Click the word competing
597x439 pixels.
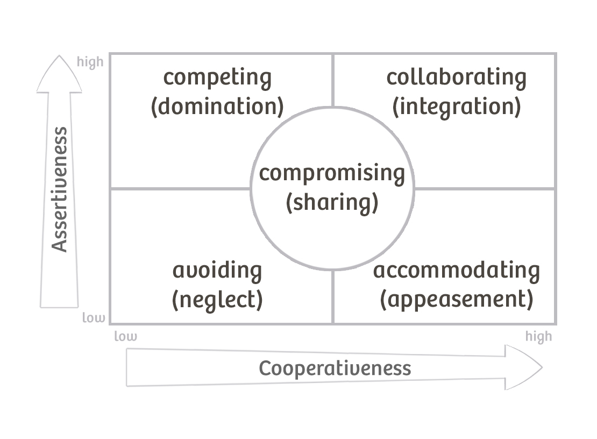coord(217,79)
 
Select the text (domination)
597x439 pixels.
coord(217,106)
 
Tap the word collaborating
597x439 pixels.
coord(456,77)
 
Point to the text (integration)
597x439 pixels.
coord(456,106)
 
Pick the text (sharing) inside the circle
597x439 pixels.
coord(332,202)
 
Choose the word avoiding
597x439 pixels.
coord(217,270)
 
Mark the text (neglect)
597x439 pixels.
coord(217,299)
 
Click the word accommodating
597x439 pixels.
coord(456,270)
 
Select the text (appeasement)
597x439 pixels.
coord(456,299)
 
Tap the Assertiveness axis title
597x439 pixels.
coord(60,189)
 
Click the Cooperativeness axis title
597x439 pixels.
coord(335,369)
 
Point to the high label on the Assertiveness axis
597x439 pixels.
coord(90,62)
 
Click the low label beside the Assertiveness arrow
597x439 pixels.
coord(94,317)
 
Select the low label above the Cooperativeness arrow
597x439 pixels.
coord(125,337)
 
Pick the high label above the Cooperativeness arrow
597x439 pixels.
coord(538,337)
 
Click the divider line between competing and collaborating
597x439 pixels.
coord(333,80)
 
